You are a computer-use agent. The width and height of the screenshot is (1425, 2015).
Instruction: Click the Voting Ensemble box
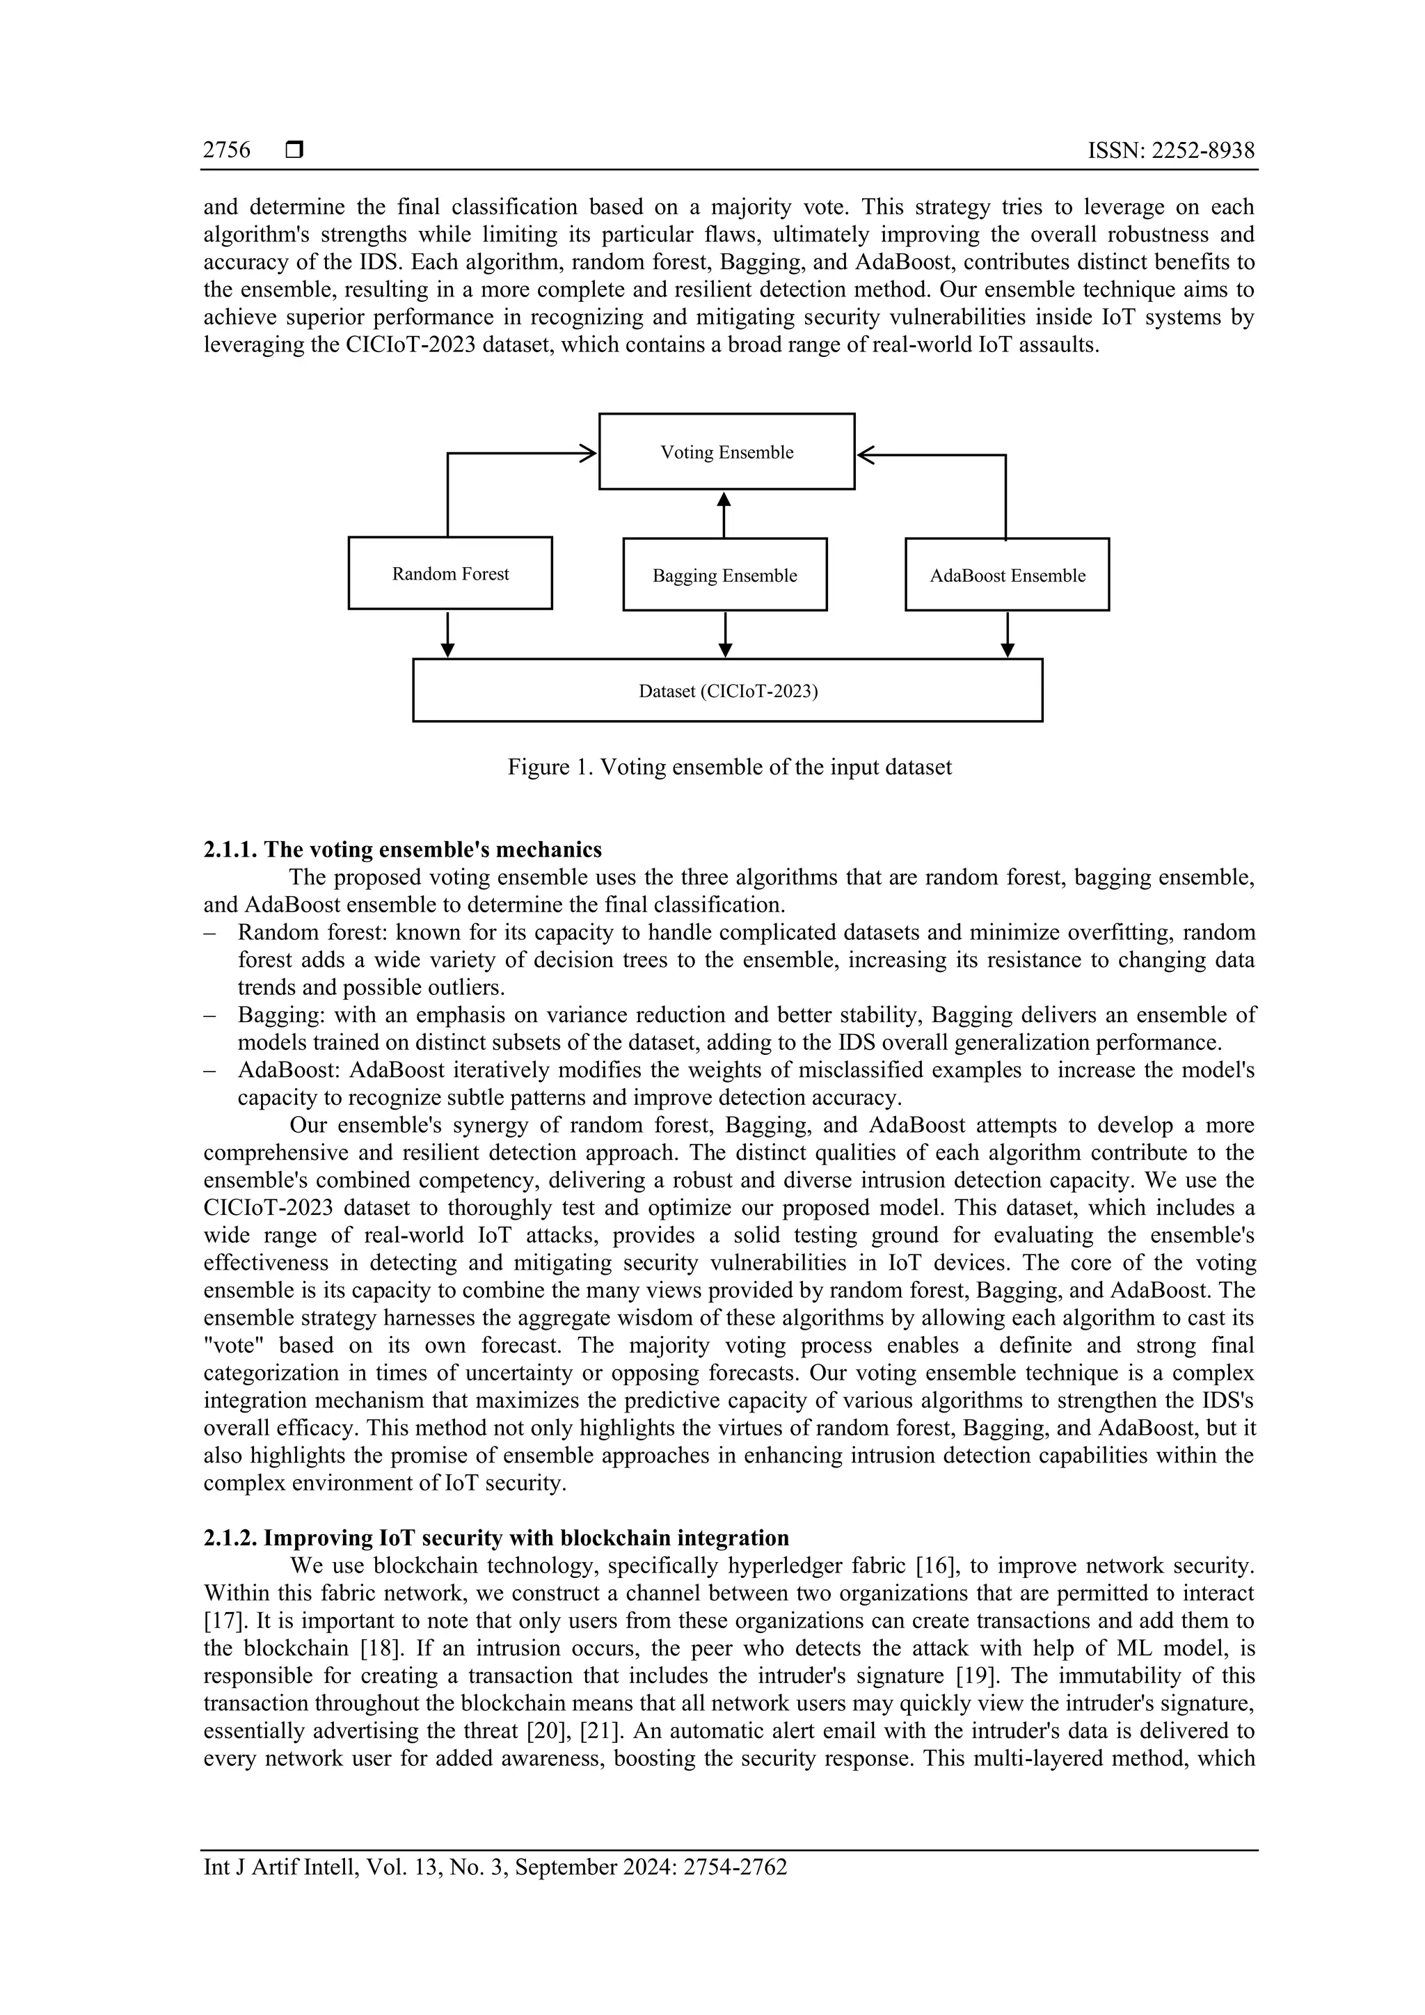(726, 452)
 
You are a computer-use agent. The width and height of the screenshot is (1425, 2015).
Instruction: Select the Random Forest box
(450, 574)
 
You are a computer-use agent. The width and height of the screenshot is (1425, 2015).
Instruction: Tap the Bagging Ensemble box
(725, 575)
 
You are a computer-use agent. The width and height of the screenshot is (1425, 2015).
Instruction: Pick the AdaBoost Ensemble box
(1008, 575)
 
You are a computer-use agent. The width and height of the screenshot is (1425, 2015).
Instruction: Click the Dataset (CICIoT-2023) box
(727, 692)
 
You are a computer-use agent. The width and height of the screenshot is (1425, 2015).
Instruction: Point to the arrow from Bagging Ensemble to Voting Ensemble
(724, 514)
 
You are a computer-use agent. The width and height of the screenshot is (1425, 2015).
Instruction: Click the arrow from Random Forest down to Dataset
(447, 635)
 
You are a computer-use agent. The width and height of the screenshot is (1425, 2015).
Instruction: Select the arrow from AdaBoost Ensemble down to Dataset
(1008, 635)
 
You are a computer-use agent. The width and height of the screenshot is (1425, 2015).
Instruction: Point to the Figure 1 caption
(729, 767)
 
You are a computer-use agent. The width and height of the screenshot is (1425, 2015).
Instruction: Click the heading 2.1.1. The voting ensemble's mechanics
(403, 850)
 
